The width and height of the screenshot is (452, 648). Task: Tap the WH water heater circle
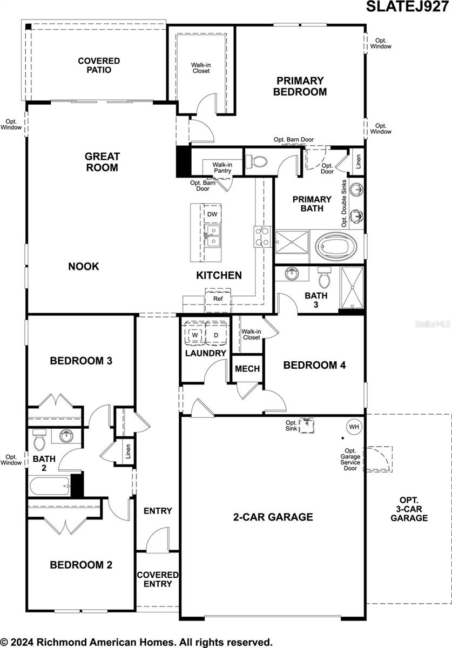click(354, 427)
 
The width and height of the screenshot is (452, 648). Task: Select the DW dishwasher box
click(212, 214)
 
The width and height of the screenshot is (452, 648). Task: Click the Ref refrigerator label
click(218, 299)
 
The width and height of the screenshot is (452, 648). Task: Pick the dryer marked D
click(216, 335)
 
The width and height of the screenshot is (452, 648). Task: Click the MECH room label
click(247, 369)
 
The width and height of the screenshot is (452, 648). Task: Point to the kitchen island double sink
click(213, 236)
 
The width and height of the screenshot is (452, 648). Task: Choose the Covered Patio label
click(99, 65)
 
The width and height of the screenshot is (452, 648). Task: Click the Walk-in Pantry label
click(222, 167)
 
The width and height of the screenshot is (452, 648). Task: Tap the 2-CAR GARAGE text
click(273, 517)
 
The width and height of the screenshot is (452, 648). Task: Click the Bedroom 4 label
click(314, 365)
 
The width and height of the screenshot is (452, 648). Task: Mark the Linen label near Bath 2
click(128, 451)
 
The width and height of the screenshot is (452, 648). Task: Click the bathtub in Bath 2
click(50, 486)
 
